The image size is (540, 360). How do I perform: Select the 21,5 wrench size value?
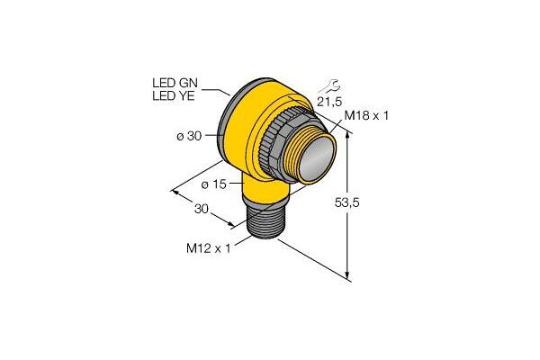click(x=330, y=102)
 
